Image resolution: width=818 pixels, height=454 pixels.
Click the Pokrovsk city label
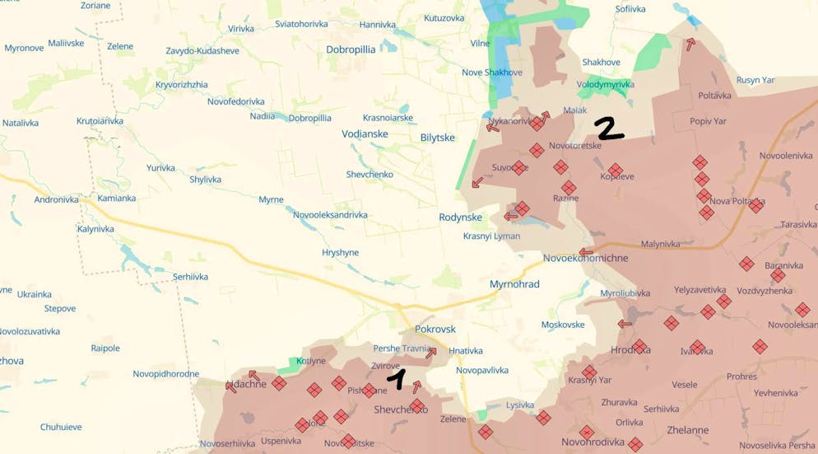pos(435,329)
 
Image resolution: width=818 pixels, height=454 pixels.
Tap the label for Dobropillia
pos(351,49)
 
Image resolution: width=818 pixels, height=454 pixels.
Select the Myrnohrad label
pos(514,284)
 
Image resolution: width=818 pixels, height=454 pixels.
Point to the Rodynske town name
pos(460,218)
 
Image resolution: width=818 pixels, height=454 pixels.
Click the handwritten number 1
pos(397,379)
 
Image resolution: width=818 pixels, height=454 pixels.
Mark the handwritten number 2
pos(609,129)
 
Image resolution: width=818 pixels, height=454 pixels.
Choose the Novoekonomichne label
pos(585,258)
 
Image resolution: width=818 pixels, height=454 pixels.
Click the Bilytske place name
pos(437,138)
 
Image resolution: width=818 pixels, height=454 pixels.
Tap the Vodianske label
pos(365,133)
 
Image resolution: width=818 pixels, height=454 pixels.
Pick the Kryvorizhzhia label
pos(181,85)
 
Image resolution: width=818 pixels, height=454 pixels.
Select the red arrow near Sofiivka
pos(690,44)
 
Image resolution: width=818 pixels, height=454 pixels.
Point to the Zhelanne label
pos(687,430)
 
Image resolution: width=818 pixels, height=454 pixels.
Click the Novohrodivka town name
pos(591,442)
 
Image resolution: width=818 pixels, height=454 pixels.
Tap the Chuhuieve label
pos(61,427)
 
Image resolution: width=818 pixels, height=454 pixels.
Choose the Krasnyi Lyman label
pos(491,236)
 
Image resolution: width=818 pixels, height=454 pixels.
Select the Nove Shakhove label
pos(491,73)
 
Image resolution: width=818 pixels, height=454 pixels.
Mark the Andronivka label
pos(56,199)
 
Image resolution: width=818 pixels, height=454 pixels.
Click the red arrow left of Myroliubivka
pos(625,324)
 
